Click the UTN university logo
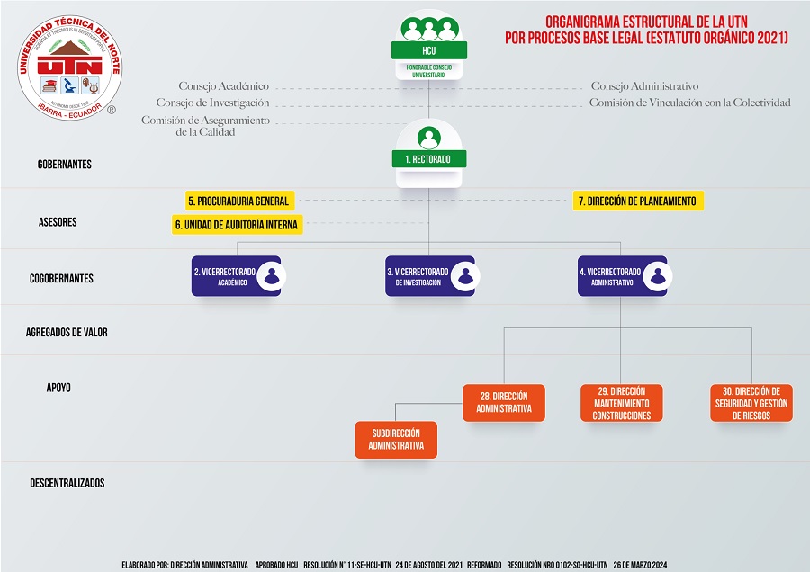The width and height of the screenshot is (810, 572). tap(69, 67)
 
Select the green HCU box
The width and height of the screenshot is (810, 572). tap(428, 50)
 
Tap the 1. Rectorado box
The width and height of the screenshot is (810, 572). tap(428, 159)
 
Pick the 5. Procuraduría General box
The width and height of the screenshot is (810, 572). tap(238, 201)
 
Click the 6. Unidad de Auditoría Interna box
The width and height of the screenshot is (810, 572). tap(237, 224)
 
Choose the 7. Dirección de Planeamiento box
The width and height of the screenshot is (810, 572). tap(637, 201)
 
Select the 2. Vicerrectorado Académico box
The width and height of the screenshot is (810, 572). tap(236, 276)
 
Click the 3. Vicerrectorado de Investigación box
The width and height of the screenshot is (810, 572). tap(429, 276)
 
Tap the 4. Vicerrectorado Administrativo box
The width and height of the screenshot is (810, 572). tap(622, 276)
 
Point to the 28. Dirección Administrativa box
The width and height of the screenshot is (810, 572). tap(504, 403)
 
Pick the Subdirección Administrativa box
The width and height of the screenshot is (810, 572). tap(396, 440)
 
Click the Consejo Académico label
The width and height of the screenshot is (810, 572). tap(224, 86)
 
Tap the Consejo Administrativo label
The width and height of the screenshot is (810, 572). tap(644, 86)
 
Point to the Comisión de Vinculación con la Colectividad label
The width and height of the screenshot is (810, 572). tap(689, 103)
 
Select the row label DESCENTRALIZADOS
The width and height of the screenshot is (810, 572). tap(67, 483)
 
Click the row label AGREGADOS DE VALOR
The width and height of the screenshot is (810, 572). tap(67, 332)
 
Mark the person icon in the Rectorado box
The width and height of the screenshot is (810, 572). tap(429, 139)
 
